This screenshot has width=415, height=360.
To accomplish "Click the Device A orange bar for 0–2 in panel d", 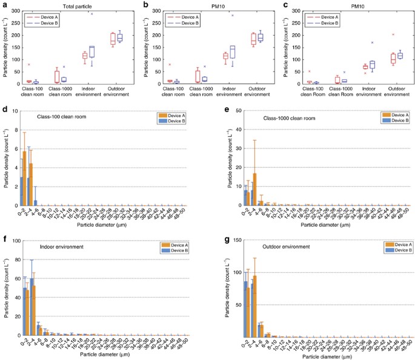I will (25, 178).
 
